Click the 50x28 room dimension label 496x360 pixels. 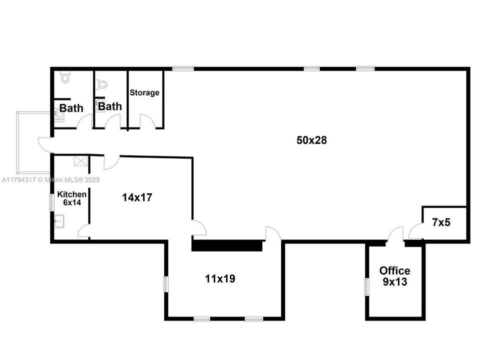coord(311,140)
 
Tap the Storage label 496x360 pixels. coord(145,92)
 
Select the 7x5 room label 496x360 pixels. coord(441,222)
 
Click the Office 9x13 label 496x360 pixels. coord(394,276)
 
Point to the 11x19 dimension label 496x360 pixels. coord(220,278)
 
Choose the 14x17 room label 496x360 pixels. coord(137,197)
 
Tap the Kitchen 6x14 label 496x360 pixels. coord(72,198)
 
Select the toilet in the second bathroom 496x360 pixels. coord(102,84)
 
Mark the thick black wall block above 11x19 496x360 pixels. coord(228,245)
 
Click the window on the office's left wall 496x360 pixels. coord(366,287)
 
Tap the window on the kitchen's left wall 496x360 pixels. coord(51,202)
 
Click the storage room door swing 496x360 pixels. coord(147,122)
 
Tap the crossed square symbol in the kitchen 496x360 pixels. coord(80,160)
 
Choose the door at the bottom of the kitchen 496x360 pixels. coord(84,231)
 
